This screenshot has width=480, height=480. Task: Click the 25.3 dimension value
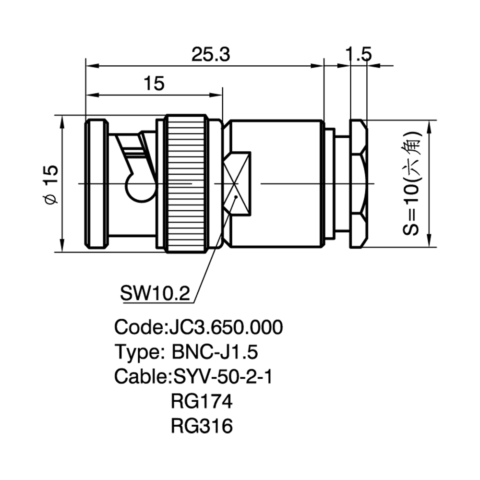click(x=211, y=55)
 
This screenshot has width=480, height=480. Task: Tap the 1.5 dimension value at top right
click(x=358, y=54)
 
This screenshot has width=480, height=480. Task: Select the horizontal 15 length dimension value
click(x=154, y=83)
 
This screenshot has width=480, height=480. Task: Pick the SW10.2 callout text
click(x=155, y=293)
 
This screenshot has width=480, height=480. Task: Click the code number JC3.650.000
click(x=226, y=327)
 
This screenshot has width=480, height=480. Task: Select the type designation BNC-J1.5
click(x=215, y=352)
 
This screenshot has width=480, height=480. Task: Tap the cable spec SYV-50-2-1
click(x=223, y=376)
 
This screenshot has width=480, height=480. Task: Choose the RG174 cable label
click(x=202, y=401)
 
